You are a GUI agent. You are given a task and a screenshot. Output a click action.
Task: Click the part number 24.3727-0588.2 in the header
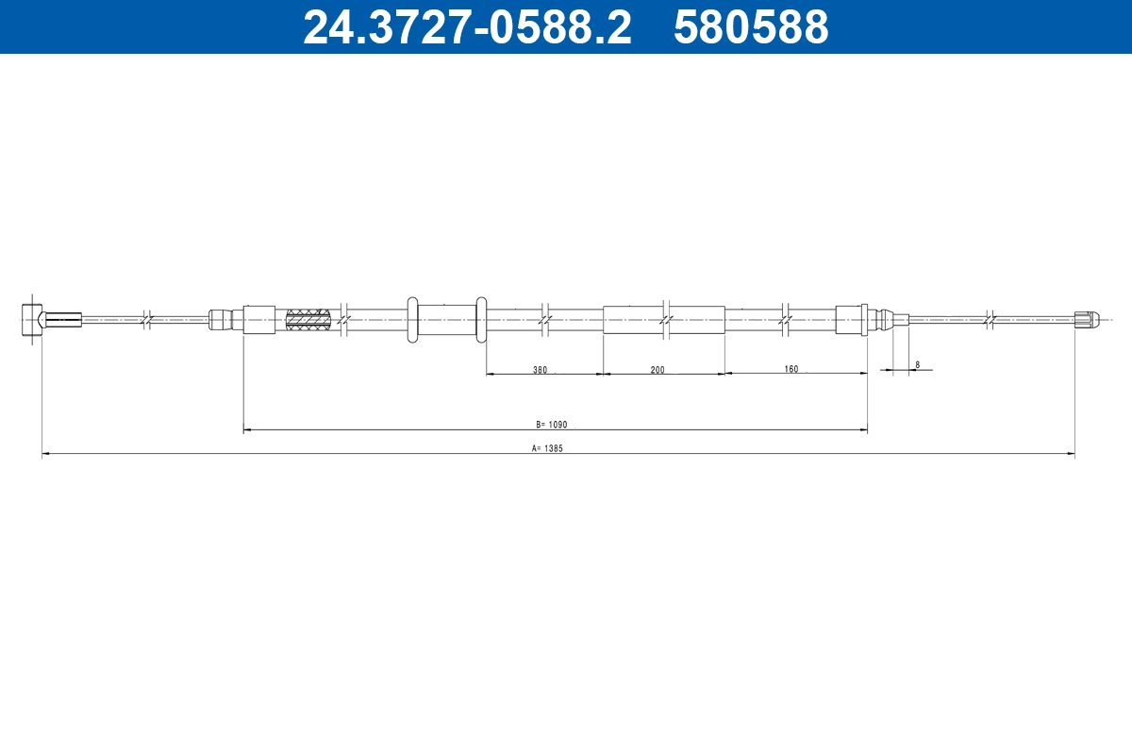coord(467,26)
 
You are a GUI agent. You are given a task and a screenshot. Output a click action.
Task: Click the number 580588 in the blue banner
coord(751,26)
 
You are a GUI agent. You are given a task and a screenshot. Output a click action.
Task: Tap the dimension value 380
coord(540,370)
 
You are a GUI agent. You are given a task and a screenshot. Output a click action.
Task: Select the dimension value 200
coord(658,370)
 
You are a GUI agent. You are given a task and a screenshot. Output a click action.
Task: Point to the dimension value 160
coord(791,369)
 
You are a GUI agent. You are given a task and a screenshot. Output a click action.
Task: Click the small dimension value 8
coord(917,364)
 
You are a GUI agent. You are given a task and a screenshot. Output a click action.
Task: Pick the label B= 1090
coord(551,425)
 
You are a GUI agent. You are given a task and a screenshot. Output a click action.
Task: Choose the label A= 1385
coord(547,448)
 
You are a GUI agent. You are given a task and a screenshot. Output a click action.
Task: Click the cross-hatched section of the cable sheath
coord(308,320)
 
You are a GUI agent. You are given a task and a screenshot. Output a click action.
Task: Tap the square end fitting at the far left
coord(31,319)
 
